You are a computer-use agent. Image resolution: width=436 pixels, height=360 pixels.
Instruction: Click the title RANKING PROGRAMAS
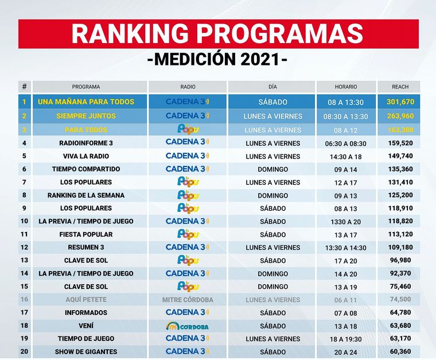[217, 34]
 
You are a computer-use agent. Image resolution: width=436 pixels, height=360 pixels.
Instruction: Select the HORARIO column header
[345, 87]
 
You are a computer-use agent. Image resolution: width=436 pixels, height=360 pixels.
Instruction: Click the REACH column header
[400, 87]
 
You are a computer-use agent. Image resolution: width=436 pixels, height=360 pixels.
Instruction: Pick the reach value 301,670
[400, 102]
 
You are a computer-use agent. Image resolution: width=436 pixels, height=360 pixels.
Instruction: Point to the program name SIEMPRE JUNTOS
[86, 116]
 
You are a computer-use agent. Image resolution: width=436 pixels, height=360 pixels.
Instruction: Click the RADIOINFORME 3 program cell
[86, 143]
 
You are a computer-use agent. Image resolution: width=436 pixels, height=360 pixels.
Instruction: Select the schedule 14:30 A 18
[345, 156]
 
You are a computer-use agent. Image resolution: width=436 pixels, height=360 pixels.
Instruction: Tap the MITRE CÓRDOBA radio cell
[188, 300]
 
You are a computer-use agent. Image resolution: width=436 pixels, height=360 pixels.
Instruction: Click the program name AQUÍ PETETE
[86, 300]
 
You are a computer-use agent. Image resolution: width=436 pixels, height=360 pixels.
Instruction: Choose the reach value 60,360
[400, 351]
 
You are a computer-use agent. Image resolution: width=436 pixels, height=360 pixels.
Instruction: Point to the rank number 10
[24, 221]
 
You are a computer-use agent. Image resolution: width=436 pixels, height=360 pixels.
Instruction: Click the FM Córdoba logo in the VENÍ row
[187, 326]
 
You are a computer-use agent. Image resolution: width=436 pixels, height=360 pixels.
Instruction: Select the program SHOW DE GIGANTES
[86, 351]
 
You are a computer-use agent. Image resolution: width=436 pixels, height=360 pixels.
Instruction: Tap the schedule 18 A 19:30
[345, 339]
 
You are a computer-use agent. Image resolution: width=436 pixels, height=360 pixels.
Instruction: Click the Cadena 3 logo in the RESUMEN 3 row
[187, 247]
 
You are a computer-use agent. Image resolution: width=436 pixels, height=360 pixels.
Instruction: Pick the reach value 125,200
[400, 195]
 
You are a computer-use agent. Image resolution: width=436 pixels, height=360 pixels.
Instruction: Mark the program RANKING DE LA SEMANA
[86, 195]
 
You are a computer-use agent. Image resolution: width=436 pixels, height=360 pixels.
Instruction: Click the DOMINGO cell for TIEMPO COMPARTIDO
[272, 169]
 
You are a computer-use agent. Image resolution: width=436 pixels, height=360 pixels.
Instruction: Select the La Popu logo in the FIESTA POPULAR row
[187, 234]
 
